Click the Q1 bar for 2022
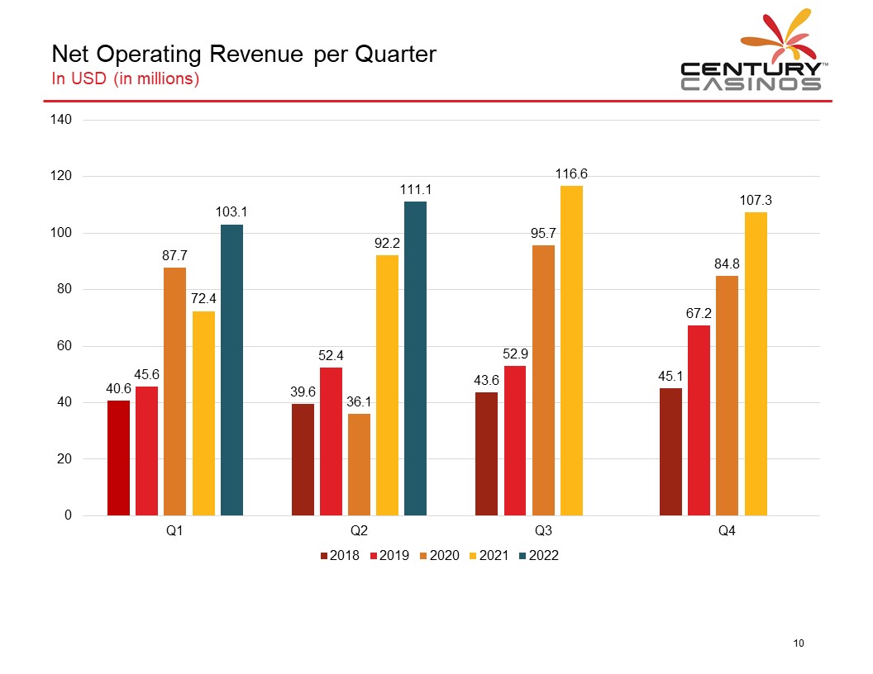231,370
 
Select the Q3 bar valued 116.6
571,350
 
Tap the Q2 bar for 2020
359,464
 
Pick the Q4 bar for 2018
670,452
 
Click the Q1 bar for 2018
118,458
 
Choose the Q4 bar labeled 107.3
756,363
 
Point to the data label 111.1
416,190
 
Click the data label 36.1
359,402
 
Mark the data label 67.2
699,314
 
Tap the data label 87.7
174,256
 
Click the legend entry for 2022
539,556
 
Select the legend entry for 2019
389,556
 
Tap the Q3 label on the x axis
543,531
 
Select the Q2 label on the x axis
359,531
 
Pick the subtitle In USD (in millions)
126,79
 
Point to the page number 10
799,643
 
